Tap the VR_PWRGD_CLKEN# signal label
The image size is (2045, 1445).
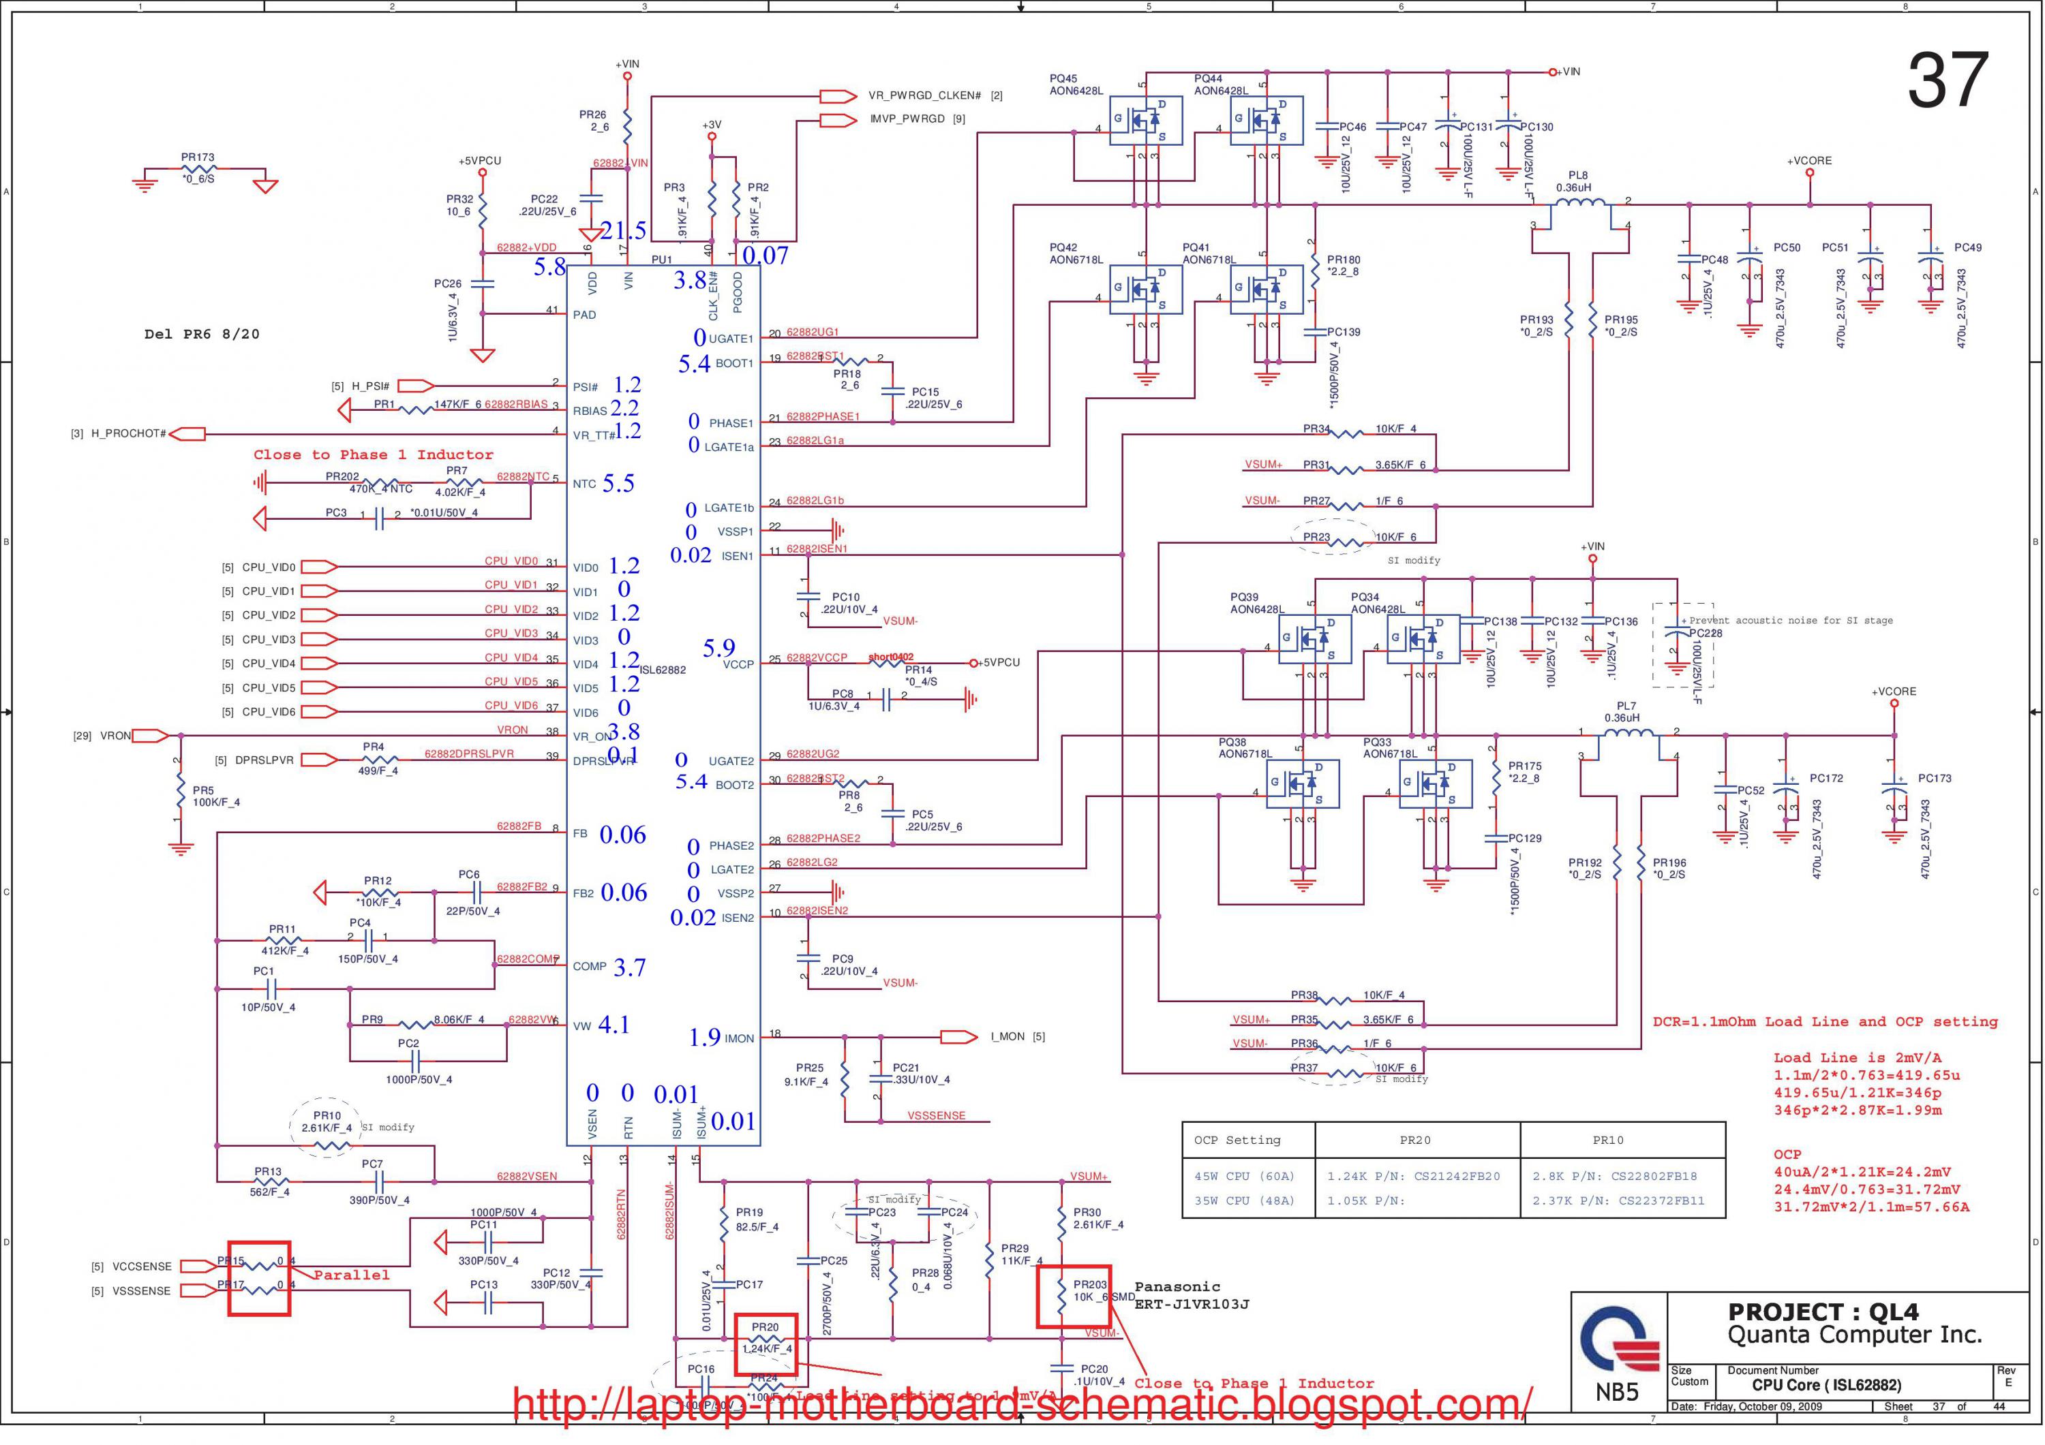point(924,96)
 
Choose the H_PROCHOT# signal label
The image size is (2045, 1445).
point(128,433)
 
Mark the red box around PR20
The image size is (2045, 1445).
point(764,1343)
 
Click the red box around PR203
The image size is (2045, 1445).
point(1073,1296)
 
